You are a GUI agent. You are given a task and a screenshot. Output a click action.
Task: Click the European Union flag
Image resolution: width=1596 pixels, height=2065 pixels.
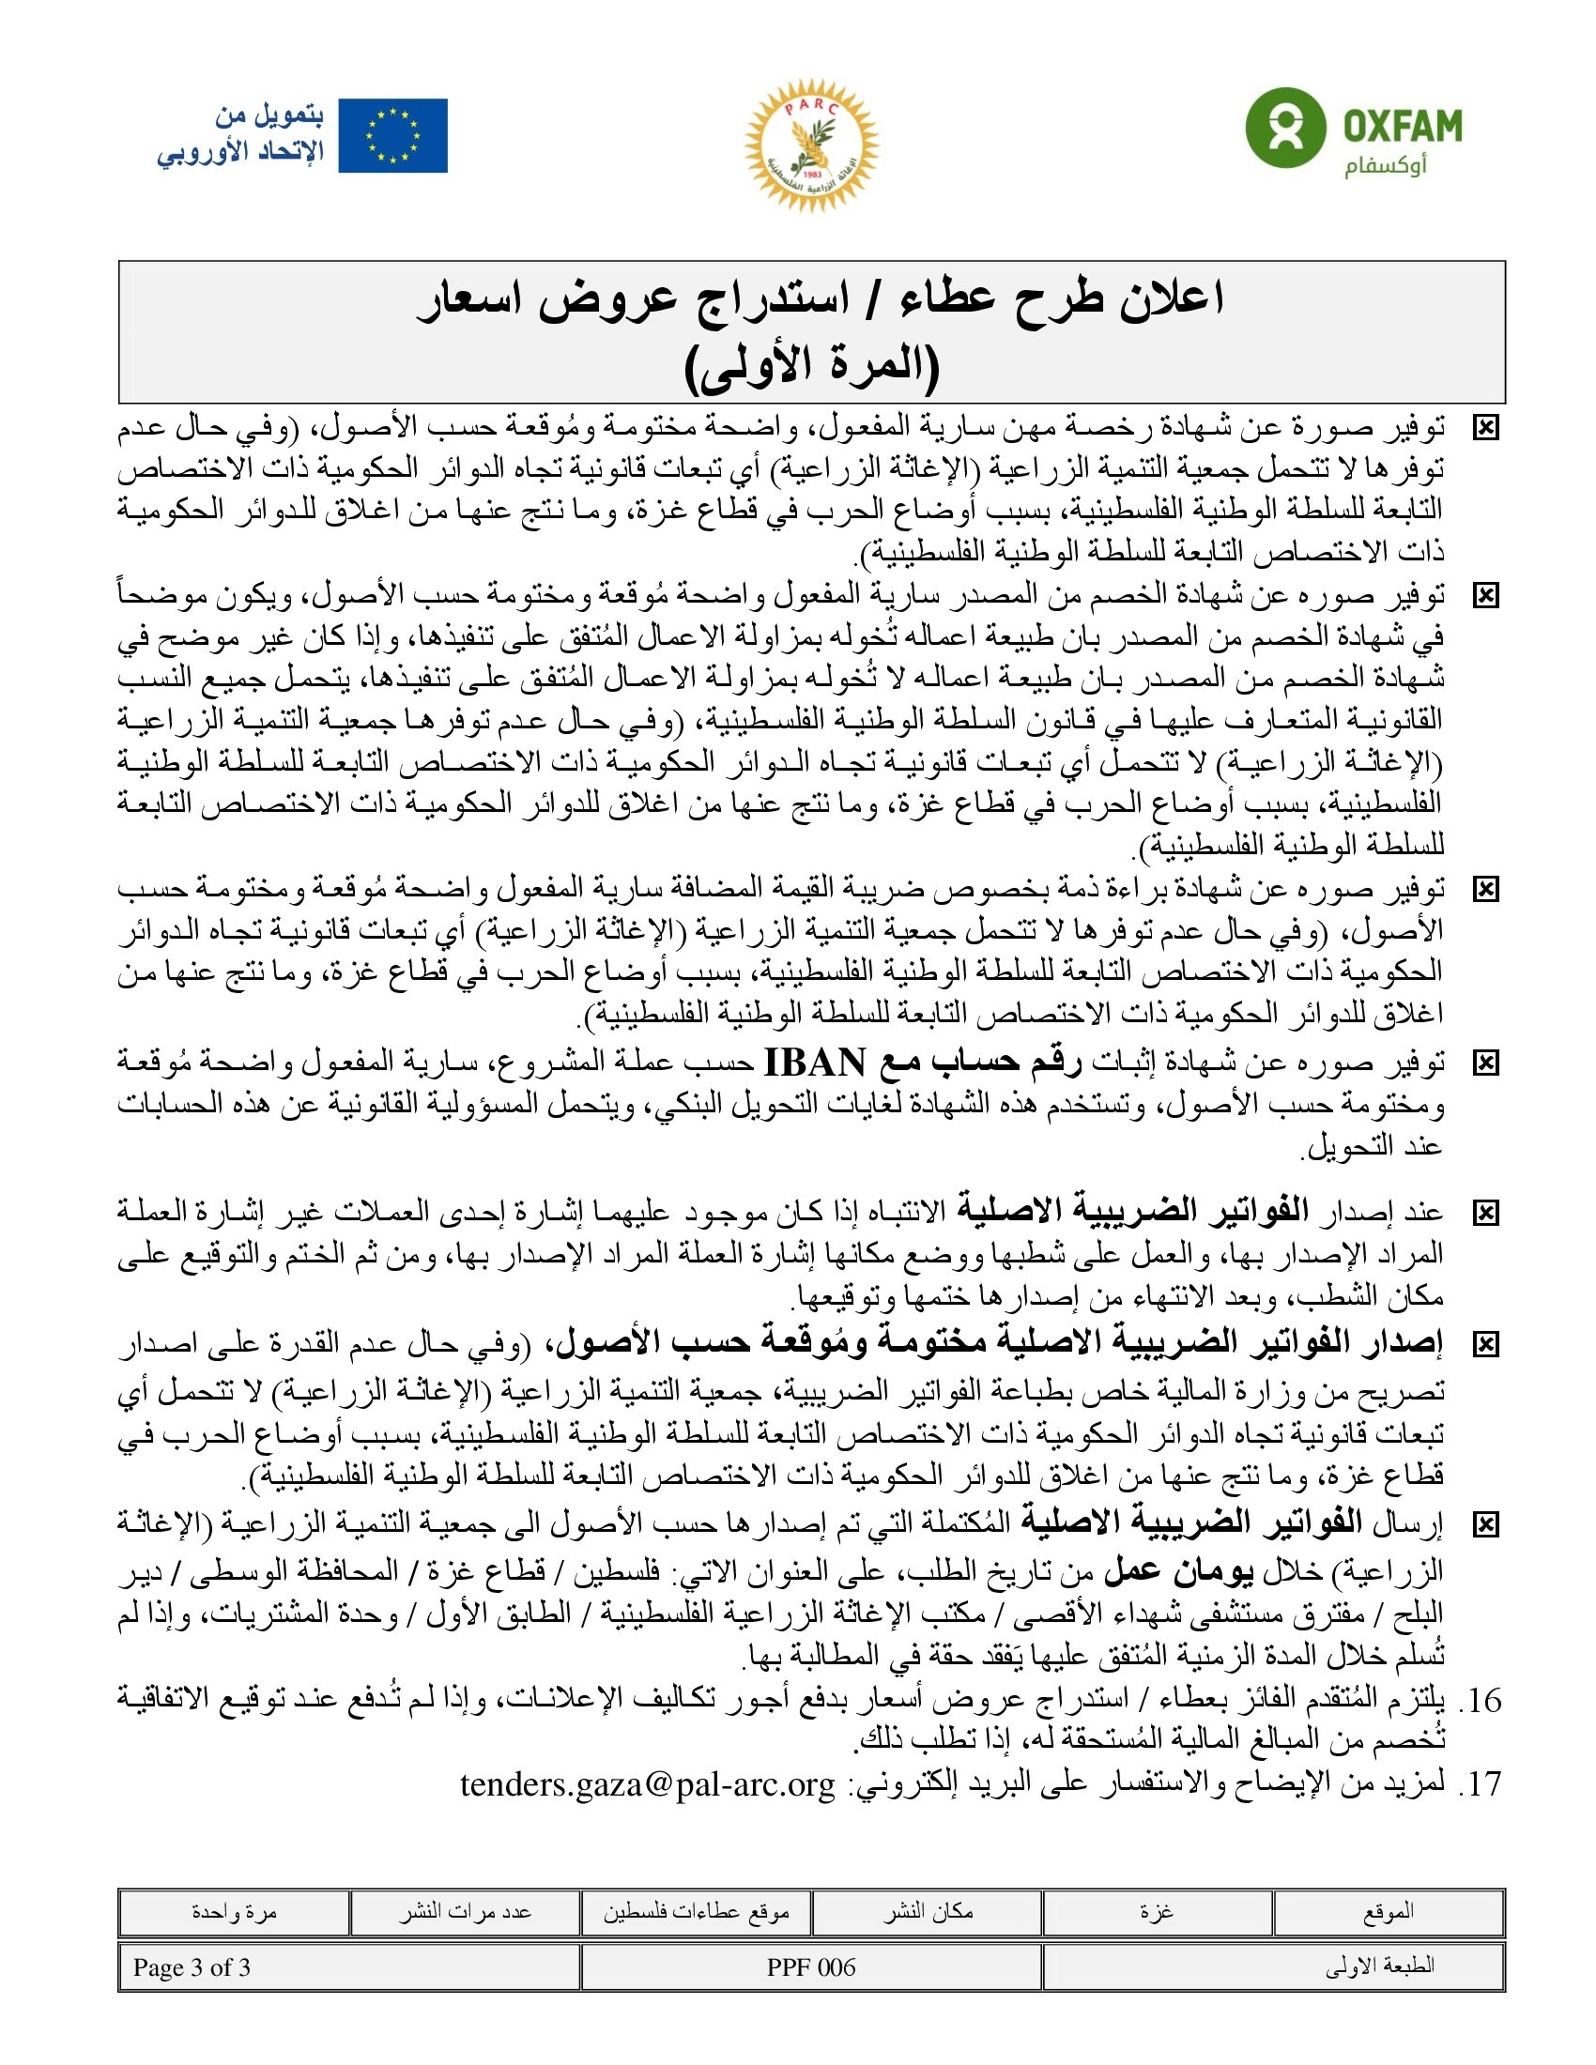(392, 136)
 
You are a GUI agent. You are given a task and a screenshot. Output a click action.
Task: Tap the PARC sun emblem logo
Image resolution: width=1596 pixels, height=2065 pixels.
(811, 145)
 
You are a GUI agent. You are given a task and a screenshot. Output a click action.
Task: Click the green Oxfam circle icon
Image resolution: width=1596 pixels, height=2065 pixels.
(1284, 129)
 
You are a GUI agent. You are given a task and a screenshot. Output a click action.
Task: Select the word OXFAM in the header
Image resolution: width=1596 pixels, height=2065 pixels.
(1403, 126)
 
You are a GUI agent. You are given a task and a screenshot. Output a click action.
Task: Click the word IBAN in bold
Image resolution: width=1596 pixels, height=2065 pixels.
(814, 1063)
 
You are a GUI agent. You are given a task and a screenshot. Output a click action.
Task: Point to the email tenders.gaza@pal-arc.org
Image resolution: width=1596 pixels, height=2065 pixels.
(648, 1784)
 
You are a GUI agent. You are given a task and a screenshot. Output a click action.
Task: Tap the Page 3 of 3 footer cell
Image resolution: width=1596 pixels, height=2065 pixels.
(192, 1967)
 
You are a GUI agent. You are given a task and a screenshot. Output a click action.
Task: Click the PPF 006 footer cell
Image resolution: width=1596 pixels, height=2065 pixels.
(811, 1967)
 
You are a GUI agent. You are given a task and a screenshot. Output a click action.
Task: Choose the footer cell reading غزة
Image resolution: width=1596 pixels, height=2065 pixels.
(1157, 1912)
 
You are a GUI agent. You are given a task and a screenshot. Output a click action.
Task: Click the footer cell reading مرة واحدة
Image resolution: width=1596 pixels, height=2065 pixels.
(234, 1912)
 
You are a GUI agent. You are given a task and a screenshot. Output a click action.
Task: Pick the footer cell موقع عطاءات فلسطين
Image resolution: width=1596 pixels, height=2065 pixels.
(696, 1912)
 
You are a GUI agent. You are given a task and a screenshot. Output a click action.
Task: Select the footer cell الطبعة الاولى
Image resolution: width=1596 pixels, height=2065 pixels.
(1379, 1967)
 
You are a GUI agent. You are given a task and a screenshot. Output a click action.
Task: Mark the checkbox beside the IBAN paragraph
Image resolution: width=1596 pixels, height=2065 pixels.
(1485, 1064)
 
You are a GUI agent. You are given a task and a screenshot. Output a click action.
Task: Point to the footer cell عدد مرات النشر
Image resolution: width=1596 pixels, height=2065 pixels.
(464, 1912)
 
